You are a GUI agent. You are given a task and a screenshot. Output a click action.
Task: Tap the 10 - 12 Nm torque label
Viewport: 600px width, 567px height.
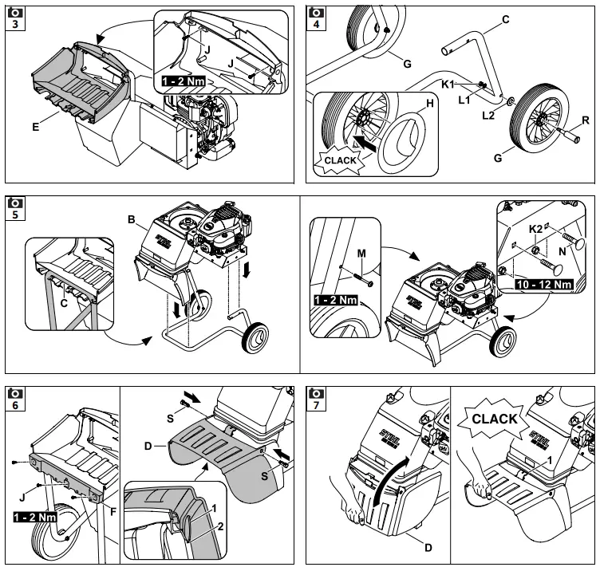click(x=545, y=283)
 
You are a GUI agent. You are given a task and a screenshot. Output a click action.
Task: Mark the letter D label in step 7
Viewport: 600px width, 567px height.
click(x=429, y=549)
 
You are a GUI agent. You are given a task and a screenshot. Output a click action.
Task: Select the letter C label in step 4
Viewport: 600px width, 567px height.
click(x=506, y=19)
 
